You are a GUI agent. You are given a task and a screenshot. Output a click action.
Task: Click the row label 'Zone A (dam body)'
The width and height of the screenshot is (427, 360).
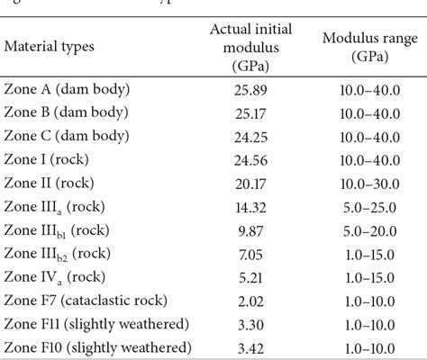[x=69, y=89]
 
